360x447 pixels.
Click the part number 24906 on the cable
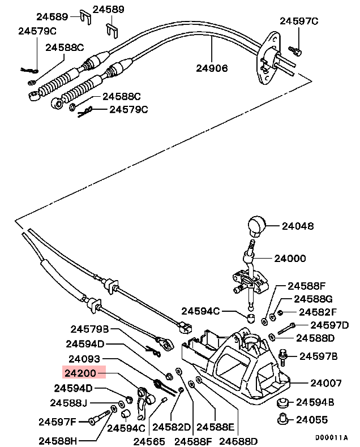(x=212, y=68)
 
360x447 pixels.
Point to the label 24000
(x=290, y=258)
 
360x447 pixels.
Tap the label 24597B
(x=318, y=356)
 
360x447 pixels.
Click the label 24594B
(x=316, y=402)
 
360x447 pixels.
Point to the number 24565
(x=149, y=441)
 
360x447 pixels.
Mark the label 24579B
(x=89, y=329)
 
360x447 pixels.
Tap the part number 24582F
(x=318, y=312)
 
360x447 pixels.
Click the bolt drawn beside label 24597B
(x=285, y=355)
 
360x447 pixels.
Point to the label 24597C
(x=299, y=22)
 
